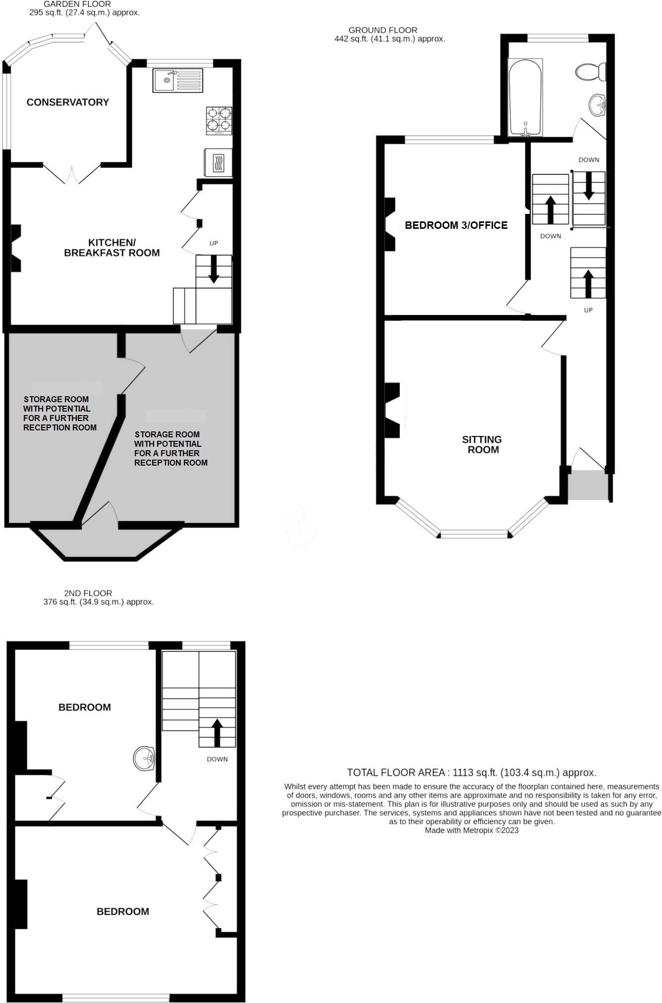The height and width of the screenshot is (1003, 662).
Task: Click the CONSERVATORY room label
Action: (x=67, y=102)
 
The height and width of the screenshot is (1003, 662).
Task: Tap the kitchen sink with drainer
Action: (x=177, y=80)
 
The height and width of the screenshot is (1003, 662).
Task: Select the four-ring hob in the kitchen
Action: (x=219, y=120)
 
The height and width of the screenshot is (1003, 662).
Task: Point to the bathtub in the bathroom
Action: (x=525, y=98)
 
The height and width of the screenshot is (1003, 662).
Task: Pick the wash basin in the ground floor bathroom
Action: (x=597, y=105)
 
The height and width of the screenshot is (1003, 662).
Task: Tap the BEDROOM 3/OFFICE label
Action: (x=456, y=225)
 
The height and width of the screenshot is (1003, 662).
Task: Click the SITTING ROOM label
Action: (x=482, y=444)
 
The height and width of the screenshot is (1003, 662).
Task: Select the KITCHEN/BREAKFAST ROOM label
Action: (x=112, y=248)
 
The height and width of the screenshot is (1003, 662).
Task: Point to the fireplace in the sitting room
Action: (x=393, y=410)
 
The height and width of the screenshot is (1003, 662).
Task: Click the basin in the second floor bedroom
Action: (x=145, y=758)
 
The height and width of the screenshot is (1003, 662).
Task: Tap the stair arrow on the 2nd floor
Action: (x=217, y=733)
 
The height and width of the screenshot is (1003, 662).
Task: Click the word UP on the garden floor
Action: (x=214, y=243)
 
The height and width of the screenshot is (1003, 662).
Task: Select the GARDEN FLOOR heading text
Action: (x=77, y=4)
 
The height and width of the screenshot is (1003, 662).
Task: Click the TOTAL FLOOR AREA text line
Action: (x=471, y=772)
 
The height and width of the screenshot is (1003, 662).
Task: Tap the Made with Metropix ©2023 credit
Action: (x=471, y=830)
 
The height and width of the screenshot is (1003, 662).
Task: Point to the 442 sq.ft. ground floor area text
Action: (x=389, y=39)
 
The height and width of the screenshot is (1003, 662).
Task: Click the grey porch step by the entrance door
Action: (x=588, y=485)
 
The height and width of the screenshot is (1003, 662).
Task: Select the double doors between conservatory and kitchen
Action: (x=73, y=173)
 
